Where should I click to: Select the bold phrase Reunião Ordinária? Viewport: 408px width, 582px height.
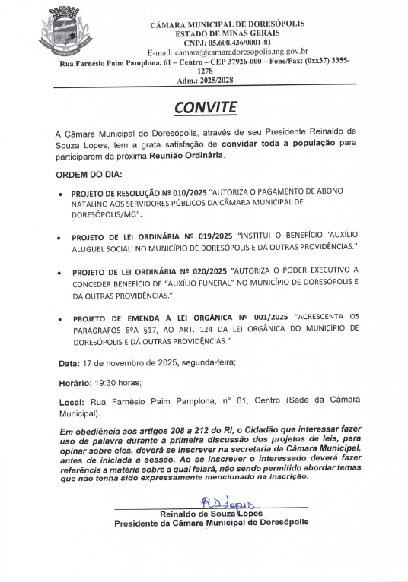pos(190,155)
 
